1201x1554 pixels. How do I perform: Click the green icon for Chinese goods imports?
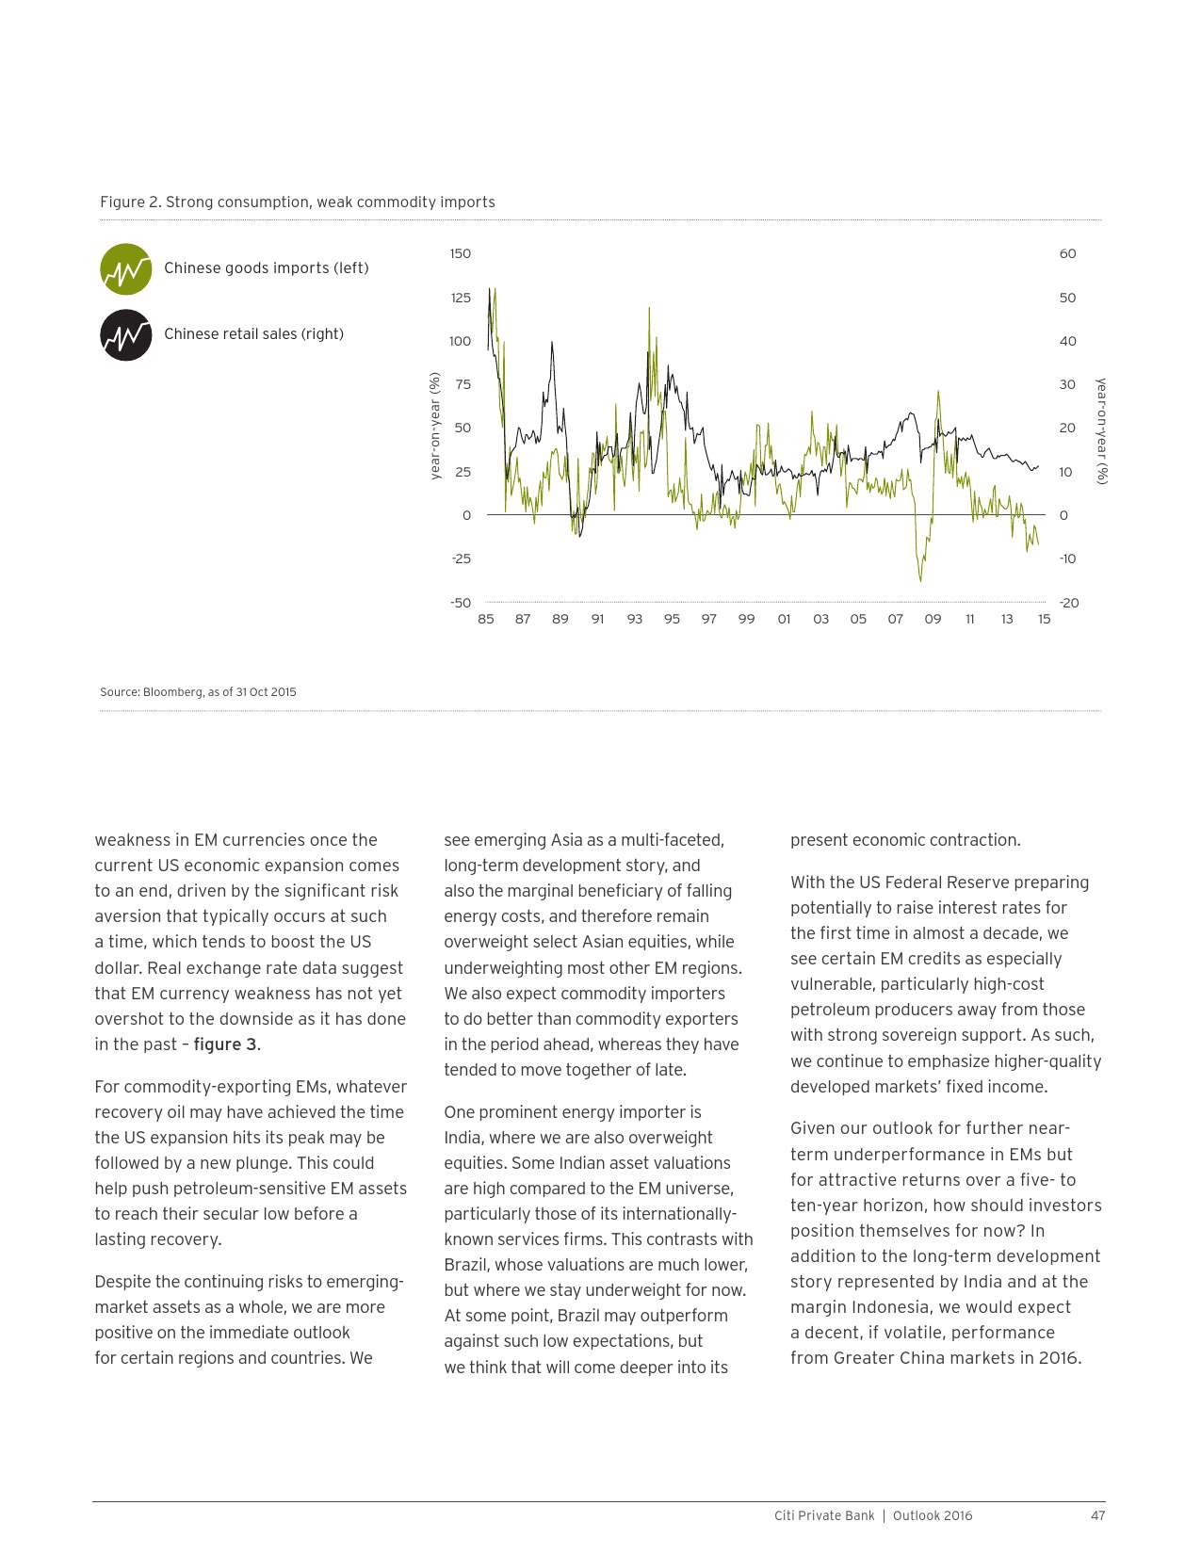(126, 269)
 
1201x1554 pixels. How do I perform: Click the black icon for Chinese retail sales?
(126, 335)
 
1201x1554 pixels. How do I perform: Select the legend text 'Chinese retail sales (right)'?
(253, 334)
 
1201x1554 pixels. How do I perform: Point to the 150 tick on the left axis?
(460, 253)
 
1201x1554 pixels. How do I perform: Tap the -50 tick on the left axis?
(460, 603)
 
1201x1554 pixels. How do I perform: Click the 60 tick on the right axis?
(1067, 253)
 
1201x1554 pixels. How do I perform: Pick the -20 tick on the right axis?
(1068, 603)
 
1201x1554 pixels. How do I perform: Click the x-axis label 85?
(486, 619)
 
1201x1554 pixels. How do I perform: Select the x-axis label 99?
(746, 619)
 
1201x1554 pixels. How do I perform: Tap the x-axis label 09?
(933, 619)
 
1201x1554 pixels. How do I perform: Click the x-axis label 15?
(1044, 619)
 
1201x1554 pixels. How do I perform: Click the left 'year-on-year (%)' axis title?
(435, 426)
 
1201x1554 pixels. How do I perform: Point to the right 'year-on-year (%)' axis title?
(1101, 431)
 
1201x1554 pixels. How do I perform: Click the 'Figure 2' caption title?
(297, 202)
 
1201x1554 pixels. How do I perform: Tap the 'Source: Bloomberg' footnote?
(198, 692)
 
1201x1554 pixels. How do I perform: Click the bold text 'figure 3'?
(225, 1044)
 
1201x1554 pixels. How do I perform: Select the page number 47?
(1097, 1515)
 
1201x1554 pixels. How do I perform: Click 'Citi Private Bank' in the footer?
(824, 1515)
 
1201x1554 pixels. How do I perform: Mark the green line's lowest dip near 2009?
(920, 581)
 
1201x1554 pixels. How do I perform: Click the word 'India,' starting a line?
(465, 1138)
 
